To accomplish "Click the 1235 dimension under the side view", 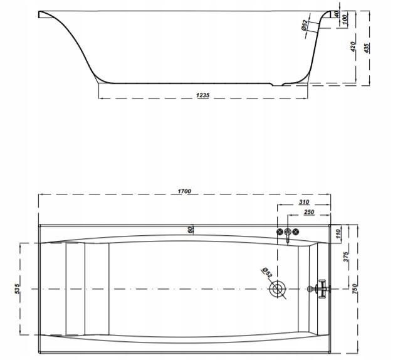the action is click(202, 95).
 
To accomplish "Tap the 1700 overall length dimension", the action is click(184, 191).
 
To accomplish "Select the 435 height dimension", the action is click(366, 48).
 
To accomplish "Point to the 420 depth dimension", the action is click(353, 46).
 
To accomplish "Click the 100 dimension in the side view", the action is click(344, 19).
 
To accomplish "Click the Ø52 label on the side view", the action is click(304, 26).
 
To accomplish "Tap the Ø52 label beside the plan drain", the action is click(266, 272).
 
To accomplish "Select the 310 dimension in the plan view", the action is click(304, 202).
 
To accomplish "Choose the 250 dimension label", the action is click(309, 212).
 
